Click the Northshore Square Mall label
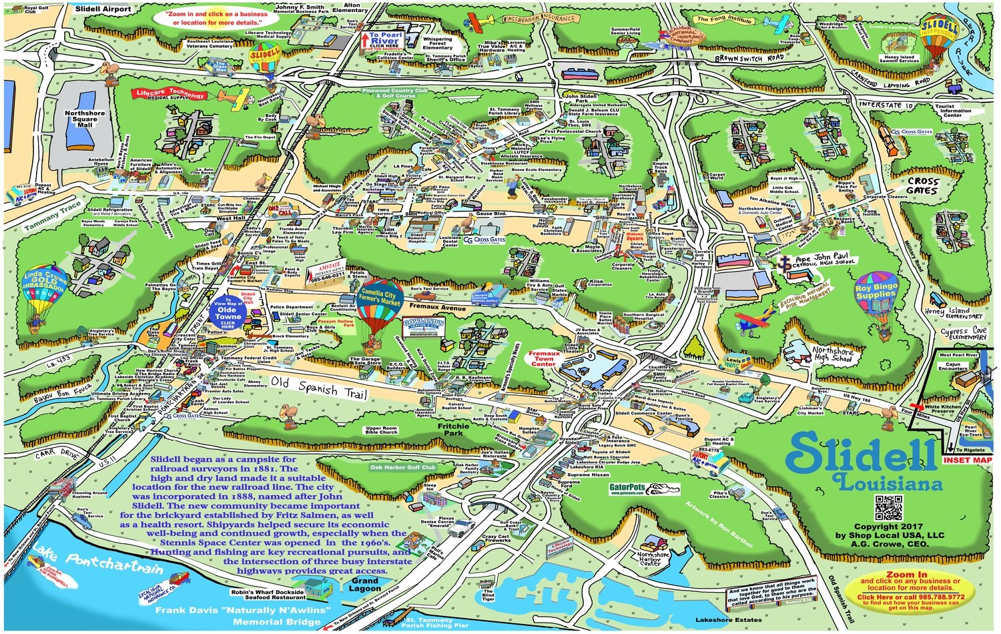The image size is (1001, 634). click(x=85, y=119)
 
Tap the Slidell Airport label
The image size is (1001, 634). click(x=103, y=9)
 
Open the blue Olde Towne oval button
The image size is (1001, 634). click(x=227, y=312)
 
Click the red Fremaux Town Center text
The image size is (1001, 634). click(x=544, y=358)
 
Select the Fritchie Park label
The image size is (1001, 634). click(x=453, y=429)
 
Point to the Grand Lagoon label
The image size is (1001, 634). click(x=365, y=585)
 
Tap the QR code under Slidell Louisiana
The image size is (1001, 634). click(x=888, y=508)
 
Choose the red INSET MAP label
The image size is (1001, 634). click(x=967, y=460)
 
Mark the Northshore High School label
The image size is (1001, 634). click(x=832, y=354)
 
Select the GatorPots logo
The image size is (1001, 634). click(x=627, y=488)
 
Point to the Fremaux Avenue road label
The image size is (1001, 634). click(x=438, y=308)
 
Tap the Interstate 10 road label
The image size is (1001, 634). click(x=886, y=105)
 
